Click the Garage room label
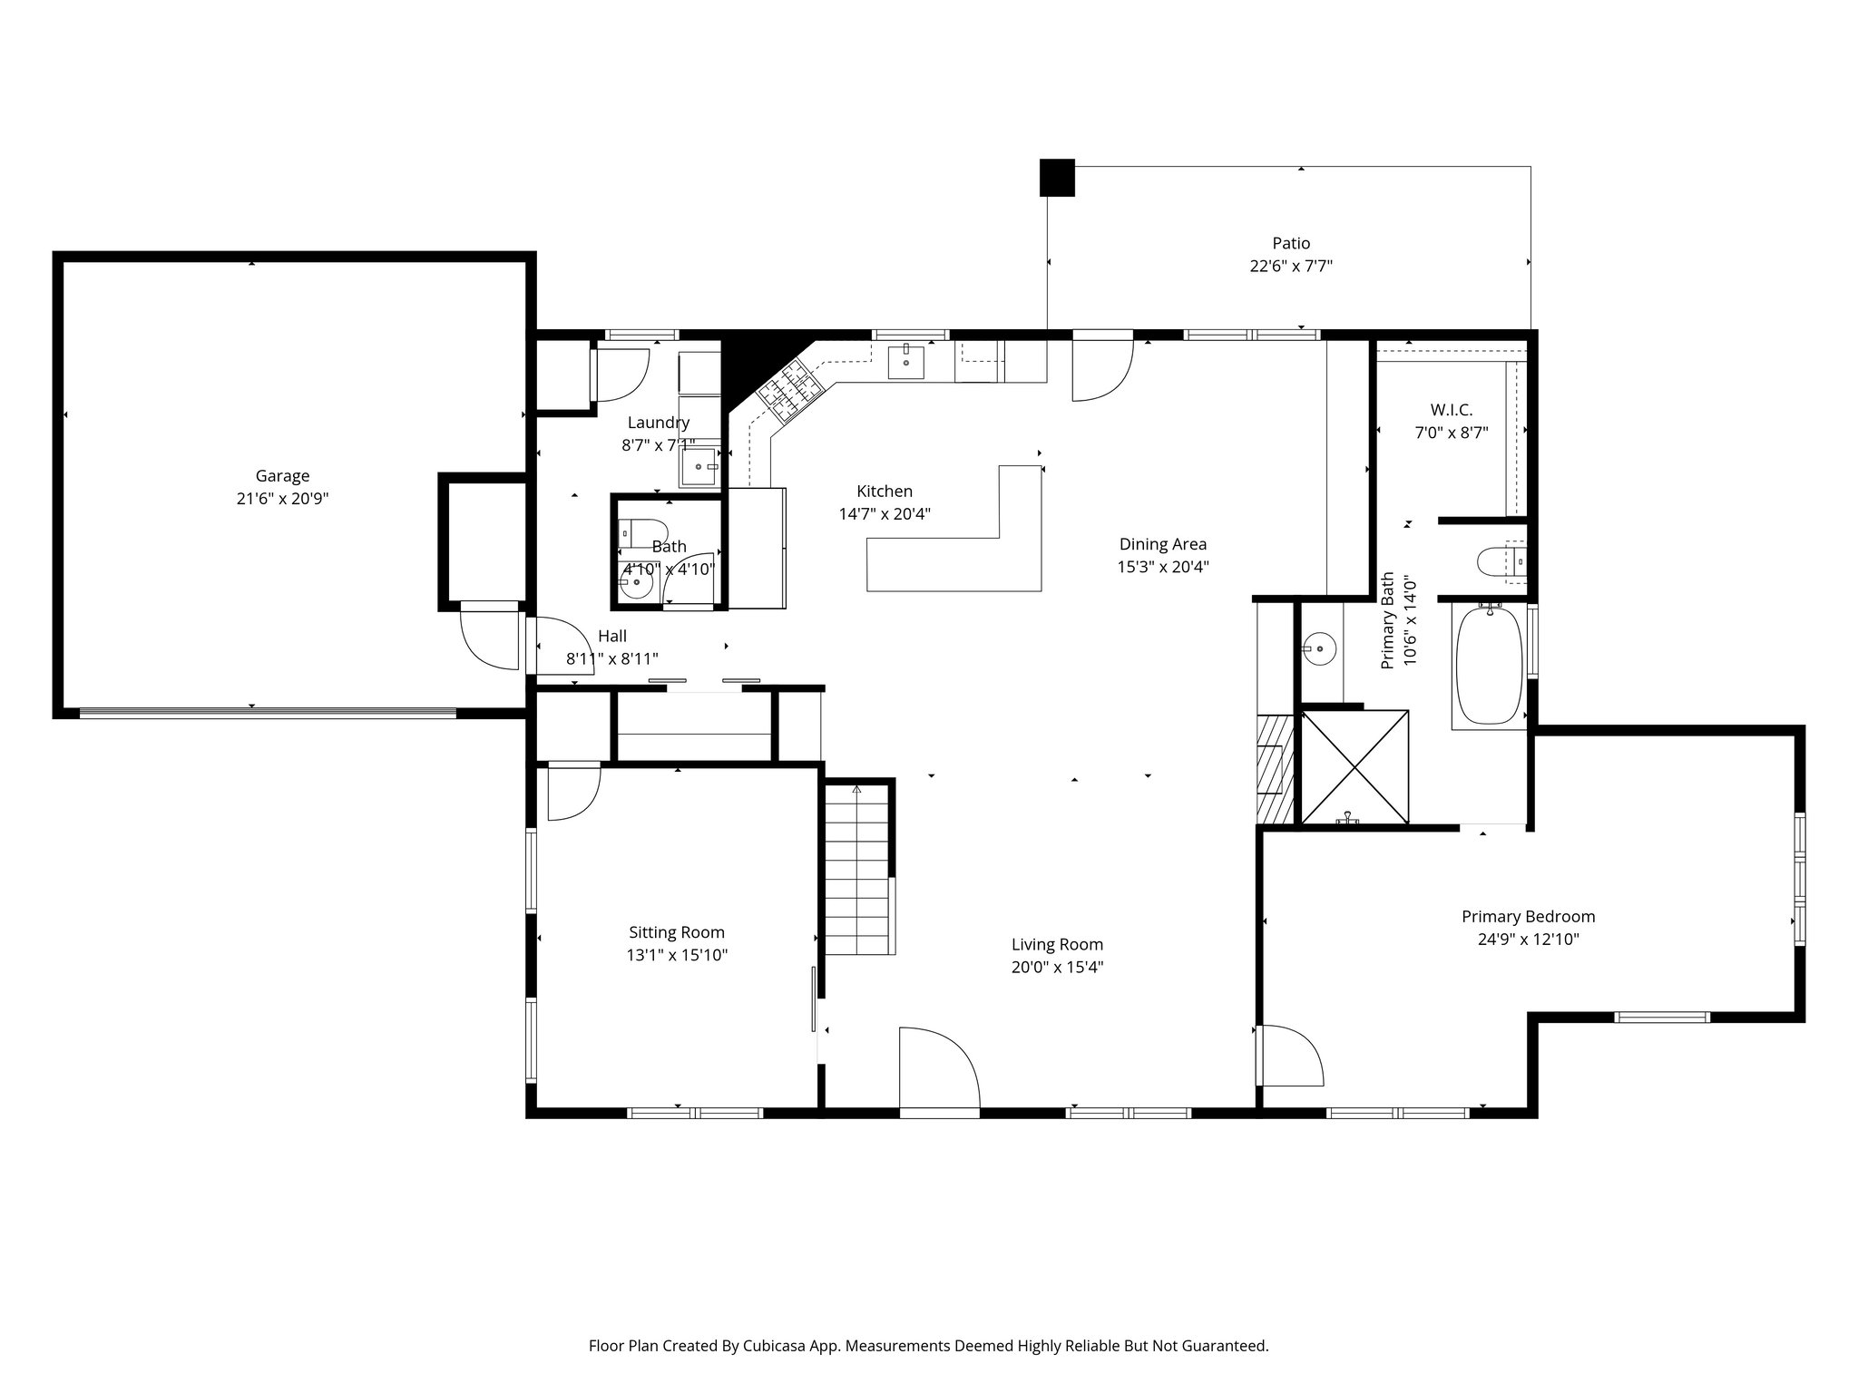[282, 476]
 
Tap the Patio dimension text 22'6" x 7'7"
[1290, 267]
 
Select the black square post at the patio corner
[1057, 178]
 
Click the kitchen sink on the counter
[905, 361]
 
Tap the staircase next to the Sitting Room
[858, 869]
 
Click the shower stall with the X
[1354, 767]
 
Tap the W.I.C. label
[1452, 411]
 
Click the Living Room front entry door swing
[940, 1068]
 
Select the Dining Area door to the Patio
[1103, 365]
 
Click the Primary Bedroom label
[1528, 917]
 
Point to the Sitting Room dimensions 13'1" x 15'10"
[677, 955]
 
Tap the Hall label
[612, 637]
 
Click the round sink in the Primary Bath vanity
[1319, 648]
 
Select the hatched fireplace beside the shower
[1275, 769]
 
